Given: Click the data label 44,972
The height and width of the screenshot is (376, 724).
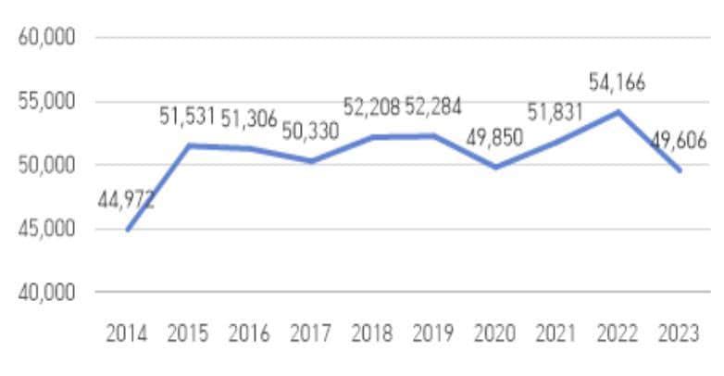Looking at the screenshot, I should coord(125,201).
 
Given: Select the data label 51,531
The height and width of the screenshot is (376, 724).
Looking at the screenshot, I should coord(187,117).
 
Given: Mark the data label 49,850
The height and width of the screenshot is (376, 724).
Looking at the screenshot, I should coord(494,138).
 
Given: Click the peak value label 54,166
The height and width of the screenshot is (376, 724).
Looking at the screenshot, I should coord(618,82).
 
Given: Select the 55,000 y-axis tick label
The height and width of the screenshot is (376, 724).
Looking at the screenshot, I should coord(45,102).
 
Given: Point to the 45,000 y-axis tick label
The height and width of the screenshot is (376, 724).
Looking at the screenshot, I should coord(45,229).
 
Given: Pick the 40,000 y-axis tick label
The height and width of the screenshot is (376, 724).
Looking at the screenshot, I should coord(45,293).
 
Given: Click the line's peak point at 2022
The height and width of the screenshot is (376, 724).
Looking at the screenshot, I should coord(618,112).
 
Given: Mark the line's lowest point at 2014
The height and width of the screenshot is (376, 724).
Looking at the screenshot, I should coord(127,229).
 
